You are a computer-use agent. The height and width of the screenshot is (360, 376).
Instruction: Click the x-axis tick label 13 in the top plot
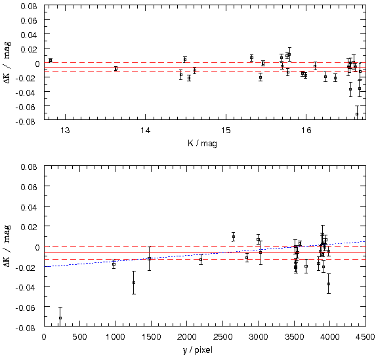(65, 130)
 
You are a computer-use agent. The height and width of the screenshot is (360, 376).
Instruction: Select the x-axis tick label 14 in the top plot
(145, 130)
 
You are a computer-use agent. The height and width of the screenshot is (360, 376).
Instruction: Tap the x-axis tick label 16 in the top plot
(306, 130)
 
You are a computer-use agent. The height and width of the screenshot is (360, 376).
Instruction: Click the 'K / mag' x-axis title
(202, 144)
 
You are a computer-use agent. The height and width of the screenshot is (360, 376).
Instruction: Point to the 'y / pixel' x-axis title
(198, 350)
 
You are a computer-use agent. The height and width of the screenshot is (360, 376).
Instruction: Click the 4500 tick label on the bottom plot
(366, 337)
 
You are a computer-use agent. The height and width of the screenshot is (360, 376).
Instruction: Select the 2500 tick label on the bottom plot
(223, 337)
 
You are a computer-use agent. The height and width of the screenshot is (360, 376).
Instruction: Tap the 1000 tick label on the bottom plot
(115, 337)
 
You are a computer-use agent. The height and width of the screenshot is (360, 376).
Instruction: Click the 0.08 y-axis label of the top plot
(29, 6)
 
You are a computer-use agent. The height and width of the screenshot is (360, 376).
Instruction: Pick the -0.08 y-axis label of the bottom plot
(26, 328)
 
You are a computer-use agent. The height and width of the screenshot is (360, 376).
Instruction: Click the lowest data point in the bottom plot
(60, 318)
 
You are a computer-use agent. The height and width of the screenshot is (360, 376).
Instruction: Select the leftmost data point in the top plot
(51, 60)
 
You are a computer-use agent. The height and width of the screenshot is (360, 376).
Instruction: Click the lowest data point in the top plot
(357, 114)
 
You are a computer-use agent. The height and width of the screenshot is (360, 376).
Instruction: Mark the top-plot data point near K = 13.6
(116, 69)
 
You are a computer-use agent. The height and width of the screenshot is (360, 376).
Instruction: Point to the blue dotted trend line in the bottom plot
(205, 254)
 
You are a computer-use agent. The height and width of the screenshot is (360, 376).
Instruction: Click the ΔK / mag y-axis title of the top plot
(7, 62)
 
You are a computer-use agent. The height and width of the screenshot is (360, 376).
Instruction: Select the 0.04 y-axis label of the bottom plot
(29, 207)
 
